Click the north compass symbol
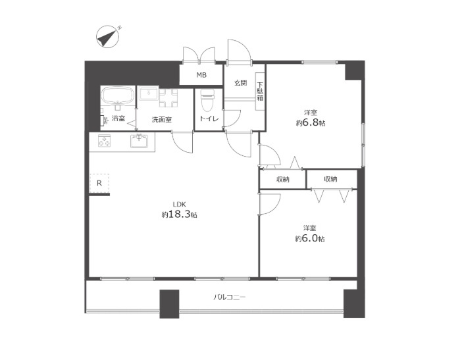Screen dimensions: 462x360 [x=107, y=37]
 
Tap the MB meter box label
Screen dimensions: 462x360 [x=201, y=75]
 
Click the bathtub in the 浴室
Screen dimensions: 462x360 [x=118, y=95]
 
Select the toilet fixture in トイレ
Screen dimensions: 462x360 [x=208, y=101]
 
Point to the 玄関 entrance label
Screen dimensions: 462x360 [x=241, y=83]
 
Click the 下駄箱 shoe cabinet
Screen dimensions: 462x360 [x=260, y=91]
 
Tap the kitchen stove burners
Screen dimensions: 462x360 [x=104, y=141]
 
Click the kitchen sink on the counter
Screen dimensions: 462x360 [x=139, y=141]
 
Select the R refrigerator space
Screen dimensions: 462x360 [x=99, y=183]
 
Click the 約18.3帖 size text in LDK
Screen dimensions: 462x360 [x=179, y=215]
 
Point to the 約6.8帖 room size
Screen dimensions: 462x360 [x=311, y=123]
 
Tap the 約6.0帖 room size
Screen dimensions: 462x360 [x=310, y=238]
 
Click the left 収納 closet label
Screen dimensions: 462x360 [x=283, y=179]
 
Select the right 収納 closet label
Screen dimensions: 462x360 [x=330, y=179]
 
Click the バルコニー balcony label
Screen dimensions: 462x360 [x=229, y=297]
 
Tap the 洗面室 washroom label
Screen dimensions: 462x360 [x=161, y=120]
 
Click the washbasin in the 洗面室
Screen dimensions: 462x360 [x=149, y=94]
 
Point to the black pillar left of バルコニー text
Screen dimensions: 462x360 [x=169, y=304]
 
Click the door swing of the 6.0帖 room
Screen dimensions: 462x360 [x=270, y=204]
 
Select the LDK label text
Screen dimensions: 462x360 [x=179, y=205]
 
